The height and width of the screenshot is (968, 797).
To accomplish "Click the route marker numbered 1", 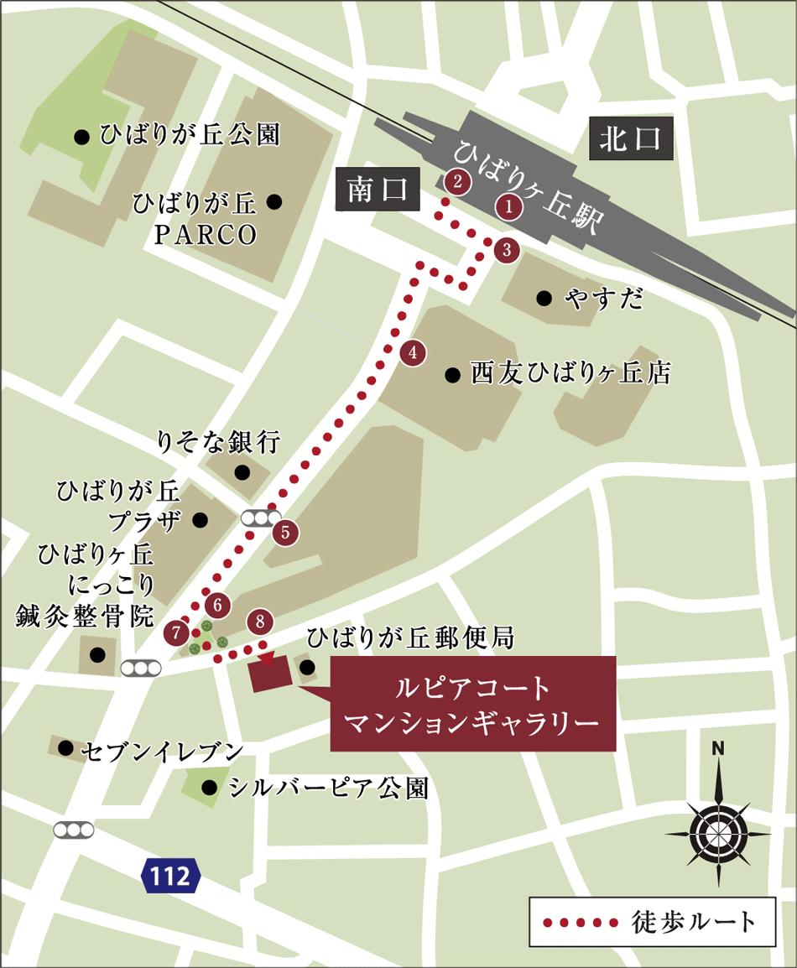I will [x=508, y=206].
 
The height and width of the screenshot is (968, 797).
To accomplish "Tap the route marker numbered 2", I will [x=457, y=182].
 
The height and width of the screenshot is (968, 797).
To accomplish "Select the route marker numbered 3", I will [x=506, y=249].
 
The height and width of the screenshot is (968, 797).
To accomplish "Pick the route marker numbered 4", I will [x=412, y=353].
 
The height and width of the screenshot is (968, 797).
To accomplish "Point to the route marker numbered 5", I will [x=285, y=532].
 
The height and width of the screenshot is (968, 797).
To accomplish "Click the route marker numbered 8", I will [x=260, y=622].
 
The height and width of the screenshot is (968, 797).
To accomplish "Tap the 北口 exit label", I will [x=634, y=139].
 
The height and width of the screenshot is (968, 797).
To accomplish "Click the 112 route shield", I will [x=171, y=877].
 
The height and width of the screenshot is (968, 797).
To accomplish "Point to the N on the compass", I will [x=718, y=749].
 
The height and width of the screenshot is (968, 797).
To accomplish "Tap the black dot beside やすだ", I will [x=544, y=298].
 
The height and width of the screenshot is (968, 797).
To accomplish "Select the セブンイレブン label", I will [x=164, y=750].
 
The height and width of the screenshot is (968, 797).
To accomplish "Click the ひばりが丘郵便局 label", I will [x=410, y=639].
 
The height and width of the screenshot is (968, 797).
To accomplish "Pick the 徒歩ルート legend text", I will [x=693, y=922].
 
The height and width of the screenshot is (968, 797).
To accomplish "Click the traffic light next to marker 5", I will [x=260, y=518].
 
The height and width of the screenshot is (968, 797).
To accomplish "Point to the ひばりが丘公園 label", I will [x=190, y=135].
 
